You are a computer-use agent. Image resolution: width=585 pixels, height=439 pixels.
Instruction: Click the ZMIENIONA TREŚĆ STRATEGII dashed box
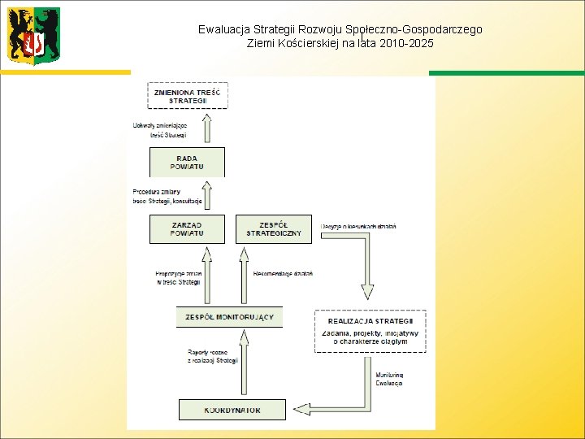coord(188,95)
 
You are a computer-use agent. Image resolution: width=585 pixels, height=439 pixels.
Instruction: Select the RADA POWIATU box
coord(187,162)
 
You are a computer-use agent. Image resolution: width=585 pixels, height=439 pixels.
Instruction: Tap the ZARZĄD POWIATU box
coord(187,228)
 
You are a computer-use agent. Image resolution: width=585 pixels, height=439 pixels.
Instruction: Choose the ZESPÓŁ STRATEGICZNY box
coord(274,228)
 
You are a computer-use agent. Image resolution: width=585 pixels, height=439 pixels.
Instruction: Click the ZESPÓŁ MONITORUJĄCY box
coord(229,317)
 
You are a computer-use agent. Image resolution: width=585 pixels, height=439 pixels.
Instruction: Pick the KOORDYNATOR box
coord(232,410)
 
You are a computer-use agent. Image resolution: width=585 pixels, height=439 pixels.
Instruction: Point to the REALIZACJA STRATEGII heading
coord(370,321)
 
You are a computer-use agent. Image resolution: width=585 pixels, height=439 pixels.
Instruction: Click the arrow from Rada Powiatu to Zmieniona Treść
coord(206,128)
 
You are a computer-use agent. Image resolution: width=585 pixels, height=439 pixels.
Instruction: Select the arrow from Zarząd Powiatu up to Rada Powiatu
coord(206,196)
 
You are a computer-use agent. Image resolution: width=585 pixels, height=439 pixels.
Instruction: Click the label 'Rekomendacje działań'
coord(283,274)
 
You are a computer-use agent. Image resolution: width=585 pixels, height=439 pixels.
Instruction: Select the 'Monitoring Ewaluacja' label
coord(389,379)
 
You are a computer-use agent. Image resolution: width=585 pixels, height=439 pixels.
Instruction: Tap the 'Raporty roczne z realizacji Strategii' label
coord(212,356)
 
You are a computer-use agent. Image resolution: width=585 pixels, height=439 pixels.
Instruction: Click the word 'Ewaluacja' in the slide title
coord(223,29)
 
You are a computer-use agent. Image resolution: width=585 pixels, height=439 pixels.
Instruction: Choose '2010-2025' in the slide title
coord(410,42)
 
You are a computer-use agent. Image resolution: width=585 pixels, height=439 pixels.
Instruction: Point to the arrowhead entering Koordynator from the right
coord(298,409)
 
